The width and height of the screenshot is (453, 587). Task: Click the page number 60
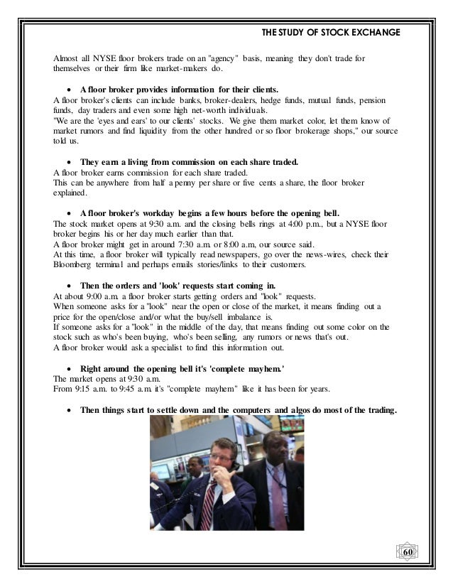(x=408, y=552)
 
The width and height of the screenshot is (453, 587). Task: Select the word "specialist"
(x=166, y=348)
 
